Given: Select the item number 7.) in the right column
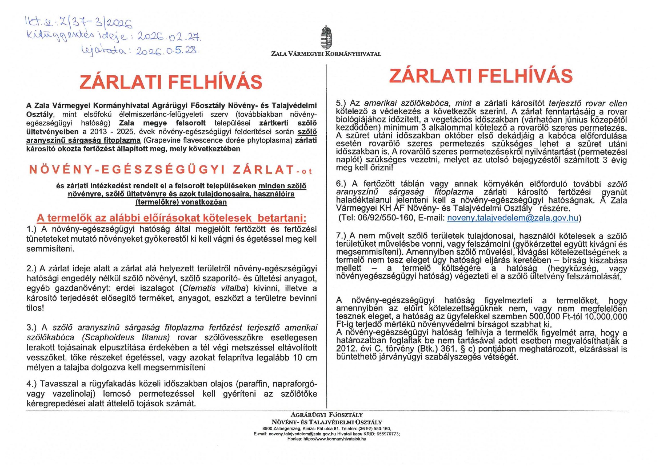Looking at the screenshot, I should tap(342, 236).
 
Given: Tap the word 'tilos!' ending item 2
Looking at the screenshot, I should tap(35, 308).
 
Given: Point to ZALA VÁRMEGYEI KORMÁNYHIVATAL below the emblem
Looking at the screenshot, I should tap(326, 54).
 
